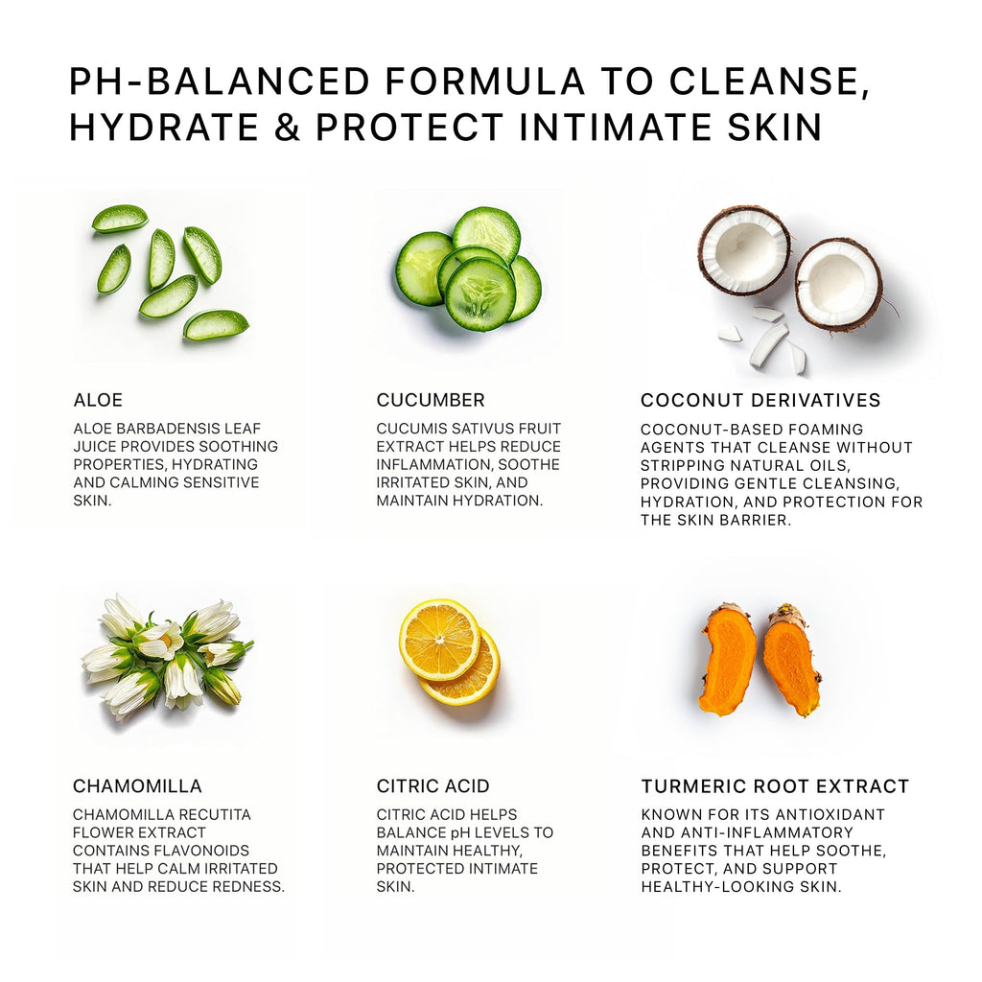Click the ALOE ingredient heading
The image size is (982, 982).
pos(98,400)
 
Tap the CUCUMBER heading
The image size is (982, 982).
pos(431,400)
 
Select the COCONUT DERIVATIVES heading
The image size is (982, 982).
pos(760,400)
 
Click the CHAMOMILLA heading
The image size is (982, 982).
pos(137,786)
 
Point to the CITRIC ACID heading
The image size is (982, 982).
pos(433,786)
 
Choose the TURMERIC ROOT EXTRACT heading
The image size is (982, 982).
pos(775,786)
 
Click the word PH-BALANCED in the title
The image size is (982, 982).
pos(220,82)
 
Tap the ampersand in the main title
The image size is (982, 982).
pos(287,127)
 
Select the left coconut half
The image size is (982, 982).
pos(744,251)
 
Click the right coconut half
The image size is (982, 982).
pos(839,285)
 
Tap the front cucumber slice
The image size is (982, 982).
pos(480,294)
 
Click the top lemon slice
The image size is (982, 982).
pos(439,640)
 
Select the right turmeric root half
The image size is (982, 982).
pos(790,661)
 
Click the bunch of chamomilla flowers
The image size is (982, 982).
pos(167,657)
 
